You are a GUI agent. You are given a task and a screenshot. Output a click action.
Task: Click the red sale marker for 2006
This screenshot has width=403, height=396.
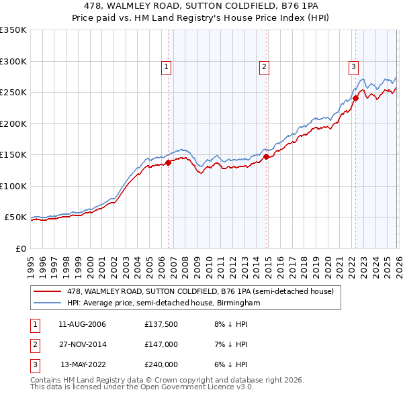168,162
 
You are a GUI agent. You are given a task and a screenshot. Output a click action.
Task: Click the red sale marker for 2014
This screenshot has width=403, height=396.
267,156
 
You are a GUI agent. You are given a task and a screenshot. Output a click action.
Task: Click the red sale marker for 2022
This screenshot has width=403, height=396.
355,98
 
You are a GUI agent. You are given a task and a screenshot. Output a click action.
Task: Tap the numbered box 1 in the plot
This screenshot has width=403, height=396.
166,66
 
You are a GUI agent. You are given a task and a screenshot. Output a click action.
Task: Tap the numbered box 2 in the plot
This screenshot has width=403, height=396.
265,66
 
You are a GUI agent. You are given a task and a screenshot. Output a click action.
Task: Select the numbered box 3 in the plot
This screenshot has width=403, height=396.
353,66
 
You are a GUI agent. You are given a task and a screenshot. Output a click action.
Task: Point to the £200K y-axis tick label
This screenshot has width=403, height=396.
13,123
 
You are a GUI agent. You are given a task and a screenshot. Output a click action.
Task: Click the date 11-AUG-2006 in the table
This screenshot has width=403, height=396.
82,324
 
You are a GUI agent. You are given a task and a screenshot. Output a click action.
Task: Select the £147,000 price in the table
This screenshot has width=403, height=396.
161,344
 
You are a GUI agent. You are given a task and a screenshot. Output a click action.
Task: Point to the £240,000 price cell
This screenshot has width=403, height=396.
161,364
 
